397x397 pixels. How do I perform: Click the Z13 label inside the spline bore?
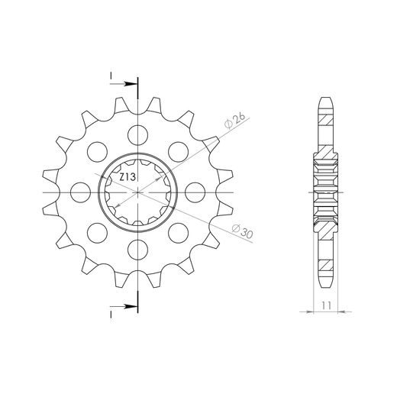(x=127, y=177)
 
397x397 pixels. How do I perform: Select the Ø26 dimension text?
(x=235, y=121)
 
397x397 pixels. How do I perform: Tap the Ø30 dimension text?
(x=243, y=231)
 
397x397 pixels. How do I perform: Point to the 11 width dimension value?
(x=326, y=305)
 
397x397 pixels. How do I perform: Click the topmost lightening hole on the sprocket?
(x=137, y=135)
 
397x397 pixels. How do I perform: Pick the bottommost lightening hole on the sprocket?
(x=137, y=250)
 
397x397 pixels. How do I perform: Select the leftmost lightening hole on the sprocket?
(x=80, y=192)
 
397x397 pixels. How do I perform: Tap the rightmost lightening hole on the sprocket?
(x=195, y=192)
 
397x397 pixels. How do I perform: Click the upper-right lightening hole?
(x=178, y=152)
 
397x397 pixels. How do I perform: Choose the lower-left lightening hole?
(x=97, y=233)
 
